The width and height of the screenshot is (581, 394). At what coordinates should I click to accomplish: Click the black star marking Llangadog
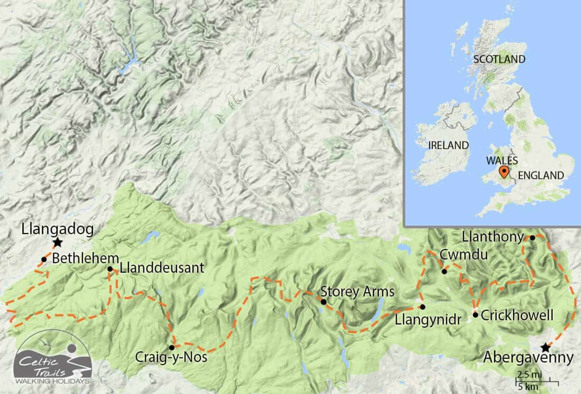tap(57, 242)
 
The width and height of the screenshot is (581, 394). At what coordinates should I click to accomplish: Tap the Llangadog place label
tap(57, 229)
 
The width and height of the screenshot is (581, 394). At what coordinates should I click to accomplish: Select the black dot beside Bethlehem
tap(44, 259)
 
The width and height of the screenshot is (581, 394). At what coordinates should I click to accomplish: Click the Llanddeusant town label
tap(162, 268)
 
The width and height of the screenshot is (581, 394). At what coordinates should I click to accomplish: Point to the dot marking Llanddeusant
tap(110, 269)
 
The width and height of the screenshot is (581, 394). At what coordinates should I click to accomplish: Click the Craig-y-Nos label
tap(171, 357)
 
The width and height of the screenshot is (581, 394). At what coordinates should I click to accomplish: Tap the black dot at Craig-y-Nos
tap(172, 347)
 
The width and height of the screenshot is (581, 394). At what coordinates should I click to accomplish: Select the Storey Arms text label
tap(357, 292)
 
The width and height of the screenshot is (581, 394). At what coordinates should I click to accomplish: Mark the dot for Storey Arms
tap(323, 302)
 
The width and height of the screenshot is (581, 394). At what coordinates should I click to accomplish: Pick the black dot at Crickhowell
tap(475, 315)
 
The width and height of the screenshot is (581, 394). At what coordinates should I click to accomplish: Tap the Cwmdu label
tap(464, 254)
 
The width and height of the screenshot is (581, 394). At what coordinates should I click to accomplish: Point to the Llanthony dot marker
tap(532, 238)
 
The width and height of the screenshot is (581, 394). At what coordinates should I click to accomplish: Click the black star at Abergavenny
tap(546, 347)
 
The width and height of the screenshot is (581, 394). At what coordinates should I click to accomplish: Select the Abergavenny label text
tap(528, 357)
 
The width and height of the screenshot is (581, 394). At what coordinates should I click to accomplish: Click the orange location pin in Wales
tap(504, 172)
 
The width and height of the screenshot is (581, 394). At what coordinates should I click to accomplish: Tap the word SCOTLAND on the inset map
tap(499, 59)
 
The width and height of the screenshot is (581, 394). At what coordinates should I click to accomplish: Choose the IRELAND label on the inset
tap(448, 146)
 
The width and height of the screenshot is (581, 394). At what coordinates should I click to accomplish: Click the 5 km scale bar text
tap(528, 387)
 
